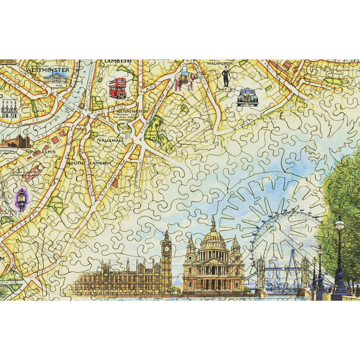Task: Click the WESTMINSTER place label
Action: click(x=53, y=70)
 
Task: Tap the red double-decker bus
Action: click(x=118, y=88)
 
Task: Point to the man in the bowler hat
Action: click(x=226, y=76)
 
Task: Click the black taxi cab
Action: click(x=248, y=98)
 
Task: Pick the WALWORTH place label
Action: click(x=220, y=63)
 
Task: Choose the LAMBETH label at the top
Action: click(x=117, y=61)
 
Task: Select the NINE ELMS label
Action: click(x=41, y=152)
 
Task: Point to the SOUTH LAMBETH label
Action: click(x=89, y=163)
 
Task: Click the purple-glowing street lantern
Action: click(x=21, y=199)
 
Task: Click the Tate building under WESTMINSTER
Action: click(x=56, y=79)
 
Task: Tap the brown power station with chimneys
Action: click(x=15, y=141)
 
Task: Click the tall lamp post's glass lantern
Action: click(x=339, y=226)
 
